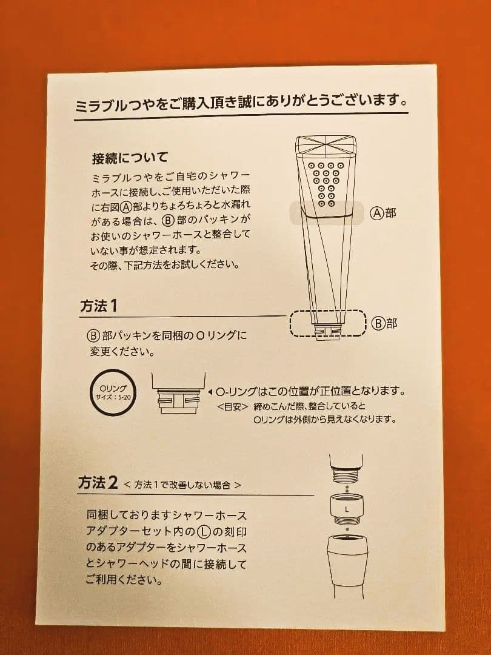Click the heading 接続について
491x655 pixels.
click(x=129, y=159)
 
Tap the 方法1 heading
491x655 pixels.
click(x=98, y=306)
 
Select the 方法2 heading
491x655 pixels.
click(x=98, y=483)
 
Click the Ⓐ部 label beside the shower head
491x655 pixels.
click(x=383, y=213)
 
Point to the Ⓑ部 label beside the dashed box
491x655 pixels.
click(x=384, y=323)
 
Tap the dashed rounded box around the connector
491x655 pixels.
click(x=328, y=324)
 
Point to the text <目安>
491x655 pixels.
click(x=232, y=406)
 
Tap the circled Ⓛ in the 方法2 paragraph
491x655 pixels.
click(x=207, y=532)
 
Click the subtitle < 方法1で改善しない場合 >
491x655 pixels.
click(x=182, y=485)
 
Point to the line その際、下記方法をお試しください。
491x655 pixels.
click(x=164, y=264)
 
